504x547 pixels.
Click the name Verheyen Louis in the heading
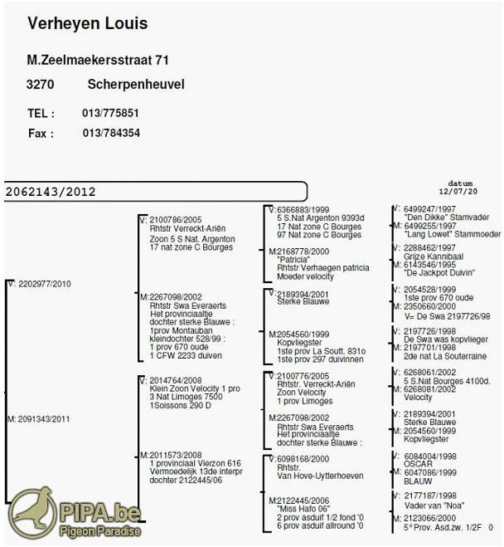pyautogui.click(x=87, y=23)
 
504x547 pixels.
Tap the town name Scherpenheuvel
pyautogui.click(x=136, y=85)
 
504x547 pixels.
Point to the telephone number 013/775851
pyautogui.click(x=110, y=113)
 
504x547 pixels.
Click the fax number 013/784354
pyautogui.click(x=110, y=133)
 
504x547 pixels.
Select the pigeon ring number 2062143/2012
pyautogui.click(x=51, y=192)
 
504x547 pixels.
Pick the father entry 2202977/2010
pyautogui.click(x=41, y=284)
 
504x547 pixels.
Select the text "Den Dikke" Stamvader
pyautogui.click(x=439, y=217)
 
